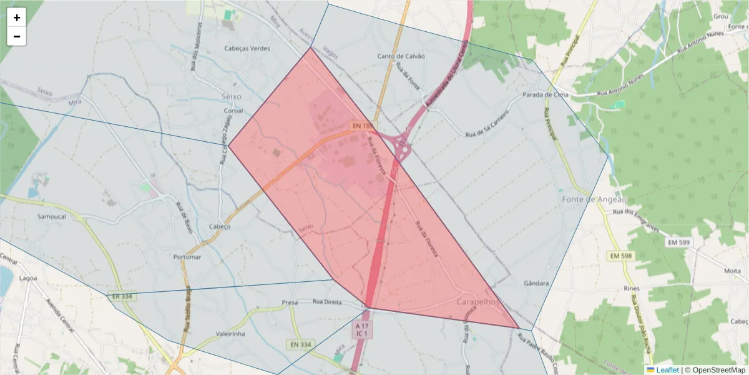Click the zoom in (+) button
[x=17, y=17]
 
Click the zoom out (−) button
[x=17, y=36]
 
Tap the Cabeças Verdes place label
[x=248, y=48]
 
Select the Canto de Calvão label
[x=401, y=56]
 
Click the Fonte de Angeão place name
[x=594, y=199]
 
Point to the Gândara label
[x=537, y=283]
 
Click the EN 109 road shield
[x=361, y=126]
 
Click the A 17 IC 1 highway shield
[x=362, y=330]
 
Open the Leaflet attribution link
[x=667, y=370]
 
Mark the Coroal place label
[x=233, y=111]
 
